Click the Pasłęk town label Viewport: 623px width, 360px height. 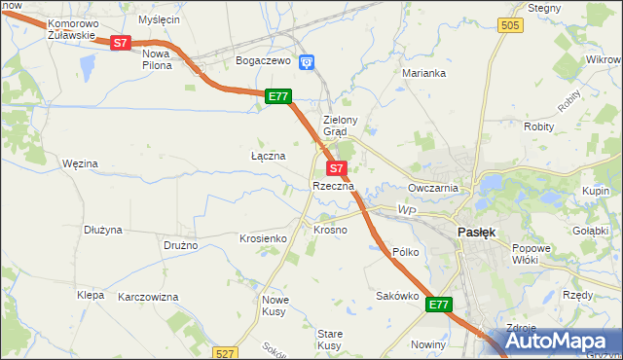coord(477,233)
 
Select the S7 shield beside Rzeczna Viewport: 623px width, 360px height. coord(333,168)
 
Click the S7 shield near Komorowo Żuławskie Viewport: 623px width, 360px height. coord(119,43)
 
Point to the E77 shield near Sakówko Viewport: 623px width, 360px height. coord(439,305)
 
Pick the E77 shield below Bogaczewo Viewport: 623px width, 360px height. coord(278,95)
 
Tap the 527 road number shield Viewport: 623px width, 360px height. coord(225,353)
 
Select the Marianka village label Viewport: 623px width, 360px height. coord(424,73)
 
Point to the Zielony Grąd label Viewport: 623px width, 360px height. coord(342,126)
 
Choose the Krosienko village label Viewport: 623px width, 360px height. coord(262,238)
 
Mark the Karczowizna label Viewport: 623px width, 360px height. coord(148,296)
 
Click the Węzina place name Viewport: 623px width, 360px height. coord(80,163)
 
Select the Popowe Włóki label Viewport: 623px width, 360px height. coord(531,254)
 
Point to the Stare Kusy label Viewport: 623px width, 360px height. coord(329,340)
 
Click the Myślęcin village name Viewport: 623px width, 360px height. coord(160,19)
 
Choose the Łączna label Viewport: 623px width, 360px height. coord(268,156)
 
